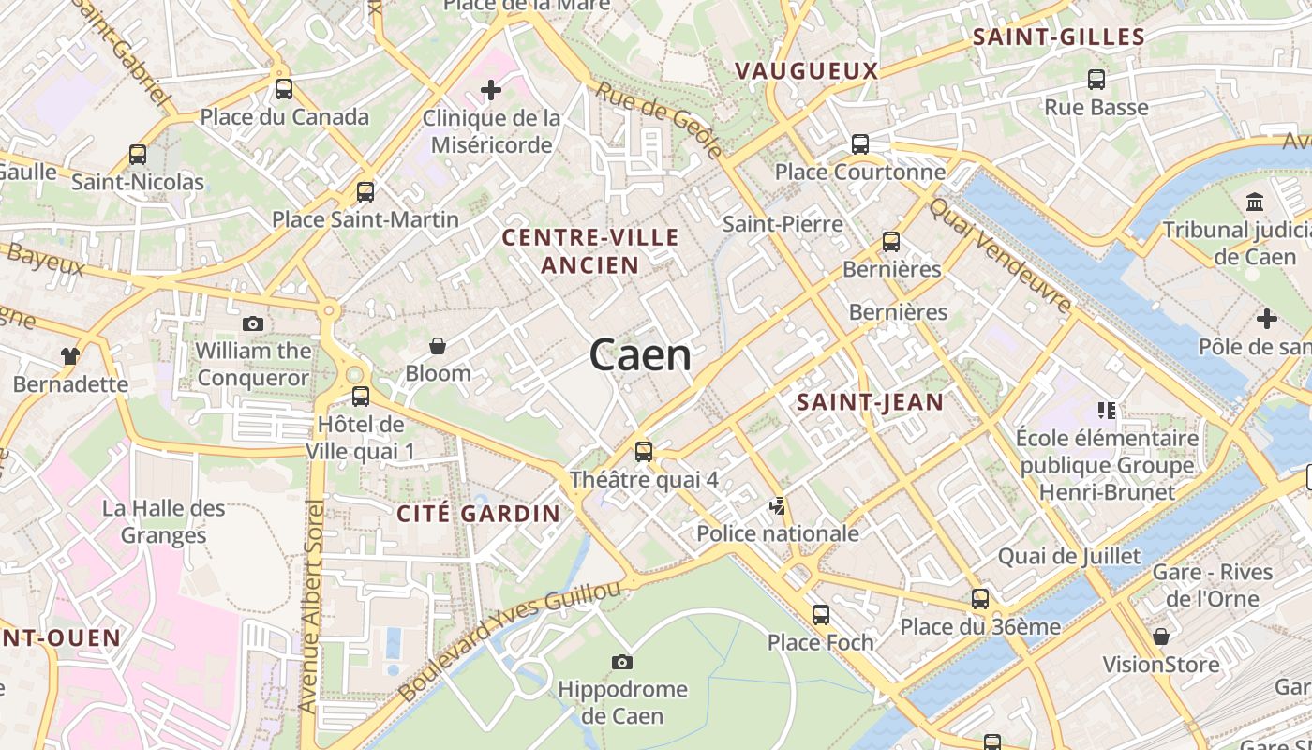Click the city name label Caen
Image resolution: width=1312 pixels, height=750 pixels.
point(641,355)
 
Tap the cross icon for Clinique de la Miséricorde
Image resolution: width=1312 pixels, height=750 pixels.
point(491,90)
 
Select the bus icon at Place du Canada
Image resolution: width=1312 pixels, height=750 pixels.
point(284,89)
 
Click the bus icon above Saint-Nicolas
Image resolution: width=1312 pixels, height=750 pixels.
point(138,154)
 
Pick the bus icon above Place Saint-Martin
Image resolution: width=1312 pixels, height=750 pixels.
point(365,191)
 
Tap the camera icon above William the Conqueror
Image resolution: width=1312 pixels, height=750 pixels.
point(252,323)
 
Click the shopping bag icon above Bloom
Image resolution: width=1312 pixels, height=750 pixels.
point(437,346)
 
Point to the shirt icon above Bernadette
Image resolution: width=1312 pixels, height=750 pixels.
point(70,355)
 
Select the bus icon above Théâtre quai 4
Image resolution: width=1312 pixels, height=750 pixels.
point(643,451)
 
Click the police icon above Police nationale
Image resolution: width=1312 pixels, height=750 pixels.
point(777,506)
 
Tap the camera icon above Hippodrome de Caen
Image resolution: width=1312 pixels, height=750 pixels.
point(621,662)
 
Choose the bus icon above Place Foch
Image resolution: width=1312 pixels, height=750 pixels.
point(821,615)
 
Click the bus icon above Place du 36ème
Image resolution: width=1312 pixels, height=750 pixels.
point(980,598)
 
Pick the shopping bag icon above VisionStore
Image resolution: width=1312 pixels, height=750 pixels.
point(1161,637)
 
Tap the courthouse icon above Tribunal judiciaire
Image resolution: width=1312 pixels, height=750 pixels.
point(1255,202)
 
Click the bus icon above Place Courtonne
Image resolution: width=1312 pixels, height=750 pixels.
point(859,144)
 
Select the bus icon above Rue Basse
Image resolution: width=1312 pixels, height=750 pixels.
point(1096,80)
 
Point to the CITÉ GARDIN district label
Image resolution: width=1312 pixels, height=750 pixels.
point(478,514)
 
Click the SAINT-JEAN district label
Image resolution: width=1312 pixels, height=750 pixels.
point(870,402)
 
